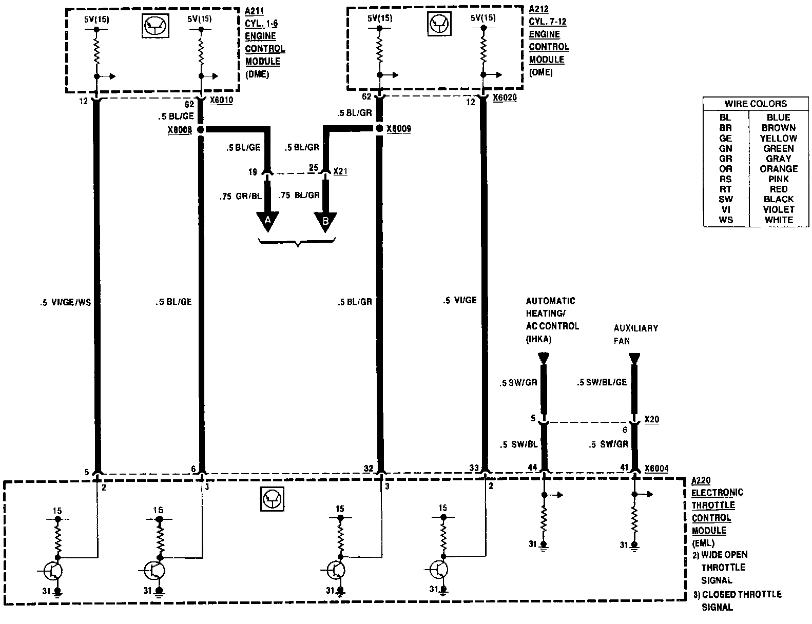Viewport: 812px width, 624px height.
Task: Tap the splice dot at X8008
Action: pos(201,130)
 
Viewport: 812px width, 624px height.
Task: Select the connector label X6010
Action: pos(221,101)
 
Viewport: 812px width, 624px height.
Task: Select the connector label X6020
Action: pos(505,98)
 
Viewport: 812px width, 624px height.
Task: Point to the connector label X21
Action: pos(340,171)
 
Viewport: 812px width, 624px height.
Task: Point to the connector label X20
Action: pos(651,419)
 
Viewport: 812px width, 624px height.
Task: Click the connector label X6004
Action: pos(656,468)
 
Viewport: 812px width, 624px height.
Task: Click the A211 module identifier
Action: pos(253,11)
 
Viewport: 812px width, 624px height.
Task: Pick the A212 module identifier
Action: pos(537,10)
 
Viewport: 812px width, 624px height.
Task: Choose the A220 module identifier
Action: pos(701,480)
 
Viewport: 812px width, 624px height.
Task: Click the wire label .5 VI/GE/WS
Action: pos(65,302)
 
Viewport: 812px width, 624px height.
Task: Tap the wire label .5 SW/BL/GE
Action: pos(602,382)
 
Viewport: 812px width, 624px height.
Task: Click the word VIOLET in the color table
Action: pos(778,209)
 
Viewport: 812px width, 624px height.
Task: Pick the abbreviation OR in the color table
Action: pos(726,169)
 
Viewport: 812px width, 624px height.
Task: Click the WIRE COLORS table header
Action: pos(755,104)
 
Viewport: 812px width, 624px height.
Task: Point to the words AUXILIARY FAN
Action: pos(635,334)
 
